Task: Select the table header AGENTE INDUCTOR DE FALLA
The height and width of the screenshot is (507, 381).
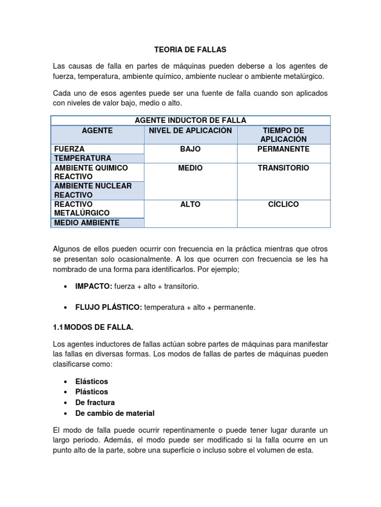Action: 190,120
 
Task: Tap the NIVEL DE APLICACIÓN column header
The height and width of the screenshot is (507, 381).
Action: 190,130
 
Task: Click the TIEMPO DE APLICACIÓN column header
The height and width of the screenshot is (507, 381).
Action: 284,135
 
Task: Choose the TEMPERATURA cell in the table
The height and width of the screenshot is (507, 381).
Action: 83,158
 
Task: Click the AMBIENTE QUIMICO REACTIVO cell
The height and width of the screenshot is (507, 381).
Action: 90,172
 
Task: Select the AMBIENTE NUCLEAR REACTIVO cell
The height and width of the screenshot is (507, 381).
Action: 92,191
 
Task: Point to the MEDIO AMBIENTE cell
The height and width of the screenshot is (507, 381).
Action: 87,223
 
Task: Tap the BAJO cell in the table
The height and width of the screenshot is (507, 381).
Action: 190,149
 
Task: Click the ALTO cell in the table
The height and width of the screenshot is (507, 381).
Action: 190,204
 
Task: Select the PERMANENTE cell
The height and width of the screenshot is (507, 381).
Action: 284,149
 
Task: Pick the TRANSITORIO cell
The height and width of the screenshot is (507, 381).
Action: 284,168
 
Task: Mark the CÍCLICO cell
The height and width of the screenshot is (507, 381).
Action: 284,204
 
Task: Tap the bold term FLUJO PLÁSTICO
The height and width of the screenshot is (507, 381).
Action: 108,307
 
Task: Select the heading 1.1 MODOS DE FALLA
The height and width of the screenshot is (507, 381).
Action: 93,327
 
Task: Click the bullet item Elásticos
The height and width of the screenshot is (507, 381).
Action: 91,382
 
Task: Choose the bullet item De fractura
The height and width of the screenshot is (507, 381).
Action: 95,403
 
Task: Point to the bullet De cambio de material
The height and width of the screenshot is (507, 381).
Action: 115,413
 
